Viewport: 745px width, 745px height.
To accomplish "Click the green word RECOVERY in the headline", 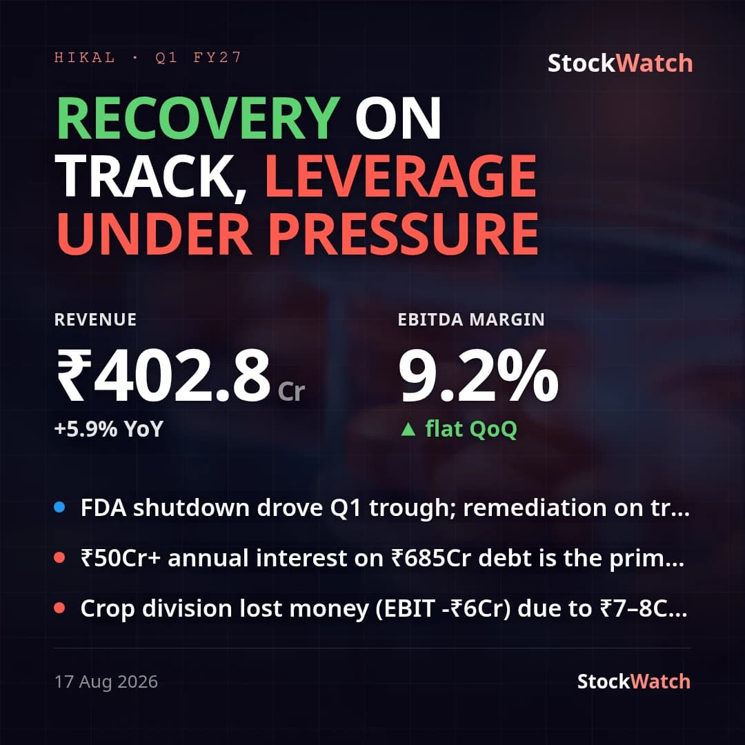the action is [x=199, y=119].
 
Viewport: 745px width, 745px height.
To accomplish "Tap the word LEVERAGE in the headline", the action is [x=401, y=176].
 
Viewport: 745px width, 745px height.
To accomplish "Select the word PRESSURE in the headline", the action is [x=404, y=234].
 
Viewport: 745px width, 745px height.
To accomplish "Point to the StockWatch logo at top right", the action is [x=620, y=63].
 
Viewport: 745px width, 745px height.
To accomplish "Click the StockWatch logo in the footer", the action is [x=634, y=682].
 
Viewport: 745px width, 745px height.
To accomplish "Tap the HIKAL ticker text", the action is [x=85, y=57].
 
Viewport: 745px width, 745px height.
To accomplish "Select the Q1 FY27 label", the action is [x=198, y=57].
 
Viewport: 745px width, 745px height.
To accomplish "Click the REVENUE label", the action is [x=95, y=319].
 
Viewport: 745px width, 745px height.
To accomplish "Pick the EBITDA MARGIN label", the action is [x=471, y=319].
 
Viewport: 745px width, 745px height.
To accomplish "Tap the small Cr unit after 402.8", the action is [x=291, y=392].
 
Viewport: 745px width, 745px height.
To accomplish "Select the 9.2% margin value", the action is [x=478, y=375].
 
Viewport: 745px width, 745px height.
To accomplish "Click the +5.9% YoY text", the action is [x=109, y=429].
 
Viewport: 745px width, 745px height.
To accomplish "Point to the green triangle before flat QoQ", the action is [x=408, y=430].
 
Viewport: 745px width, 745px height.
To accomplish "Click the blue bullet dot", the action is [x=59, y=508].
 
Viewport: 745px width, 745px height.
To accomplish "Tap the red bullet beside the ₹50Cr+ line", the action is [x=59, y=557].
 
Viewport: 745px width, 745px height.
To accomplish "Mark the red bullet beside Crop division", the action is [x=59, y=608].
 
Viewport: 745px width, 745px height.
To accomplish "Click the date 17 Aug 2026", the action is [x=106, y=682].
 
